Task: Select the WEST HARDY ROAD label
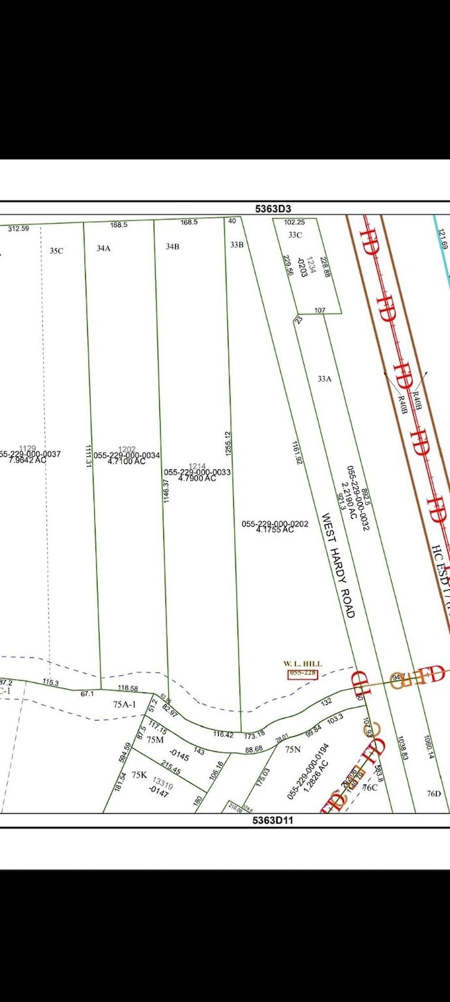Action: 337,566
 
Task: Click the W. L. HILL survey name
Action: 303,663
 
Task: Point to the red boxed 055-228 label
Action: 303,672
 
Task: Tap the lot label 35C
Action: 57,251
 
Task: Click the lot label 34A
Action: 104,247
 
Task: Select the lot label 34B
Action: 172,246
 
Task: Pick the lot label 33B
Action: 237,244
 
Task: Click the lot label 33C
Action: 296,235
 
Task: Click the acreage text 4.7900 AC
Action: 196,478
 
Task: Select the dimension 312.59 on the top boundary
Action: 19,228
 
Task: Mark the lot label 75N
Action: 296,749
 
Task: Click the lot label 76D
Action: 434,794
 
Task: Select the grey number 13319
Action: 162,780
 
